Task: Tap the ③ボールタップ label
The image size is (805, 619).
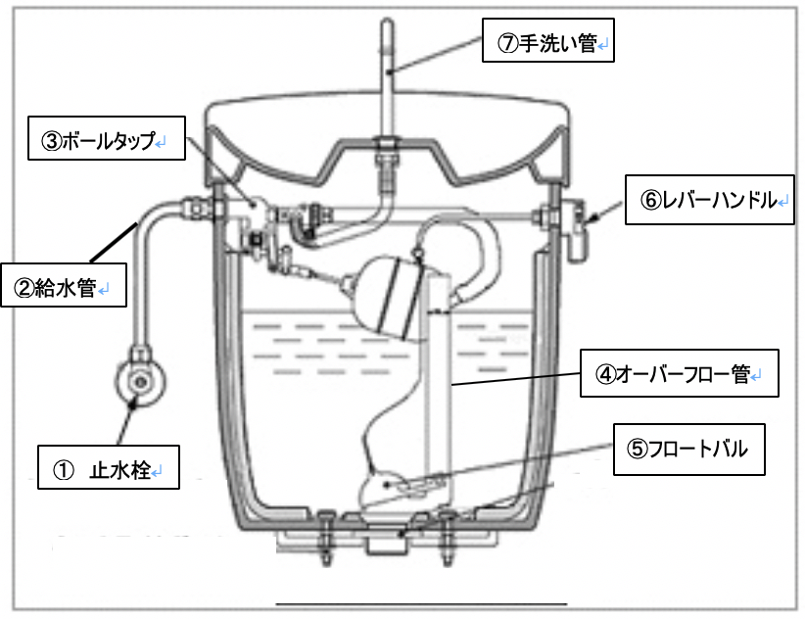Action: [x=97, y=140]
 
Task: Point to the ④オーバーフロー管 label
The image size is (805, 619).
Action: [x=679, y=372]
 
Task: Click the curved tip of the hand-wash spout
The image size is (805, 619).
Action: [x=386, y=29]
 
